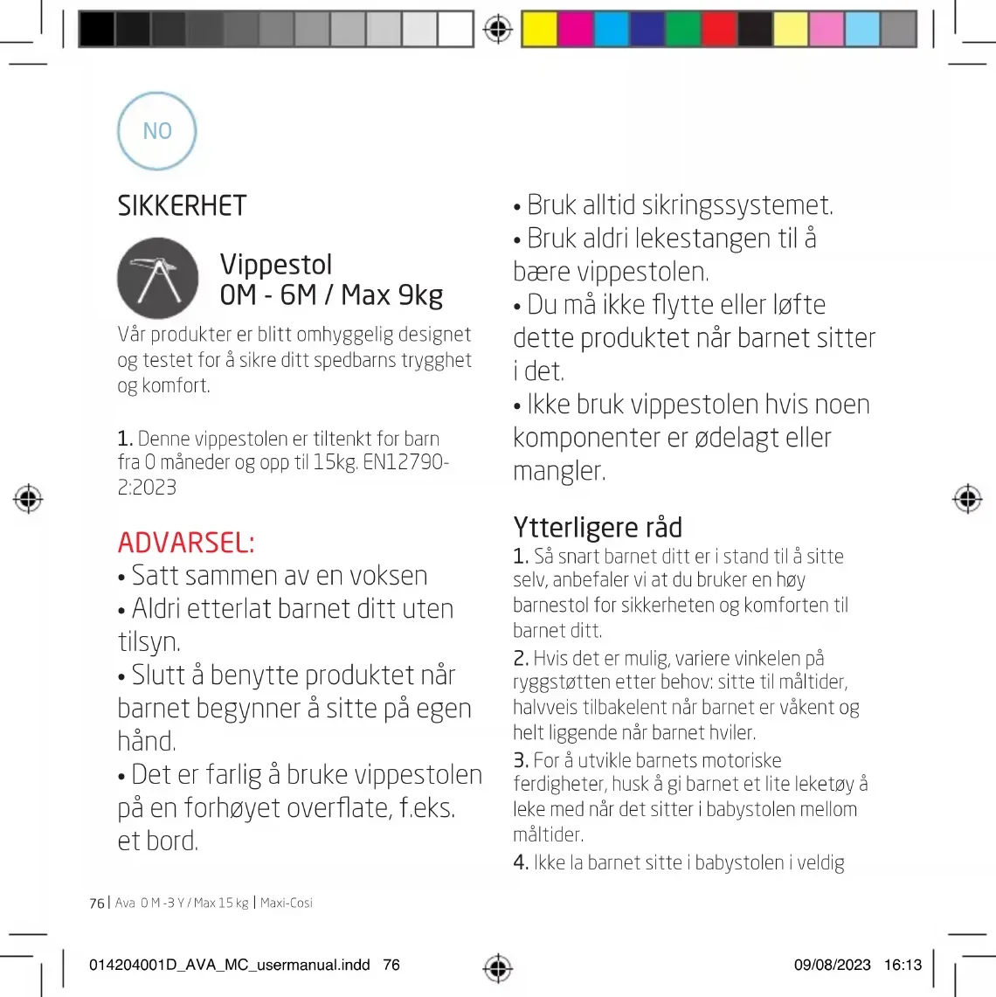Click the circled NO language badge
(157, 131)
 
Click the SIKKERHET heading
(182, 206)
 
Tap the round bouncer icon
(158, 278)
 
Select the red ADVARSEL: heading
(186, 543)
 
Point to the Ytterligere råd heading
(598, 528)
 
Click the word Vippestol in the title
(276, 264)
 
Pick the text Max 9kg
(392, 295)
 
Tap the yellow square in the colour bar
(539, 30)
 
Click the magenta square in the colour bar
(576, 30)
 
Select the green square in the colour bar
(683, 30)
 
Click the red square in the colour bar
(719, 30)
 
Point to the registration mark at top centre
(498, 30)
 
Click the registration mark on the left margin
(28, 499)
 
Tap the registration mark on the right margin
(967, 499)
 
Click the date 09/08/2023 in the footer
(832, 965)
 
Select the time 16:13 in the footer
(903, 965)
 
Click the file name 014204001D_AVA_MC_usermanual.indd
(230, 965)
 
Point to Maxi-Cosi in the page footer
(287, 903)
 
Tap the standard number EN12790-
(405, 462)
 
